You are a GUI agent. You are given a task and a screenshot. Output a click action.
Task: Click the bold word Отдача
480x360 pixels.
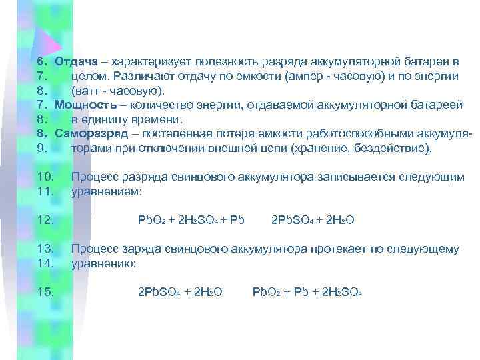[x=76, y=62]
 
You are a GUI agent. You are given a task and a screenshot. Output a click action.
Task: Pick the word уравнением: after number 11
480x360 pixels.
[x=106, y=191]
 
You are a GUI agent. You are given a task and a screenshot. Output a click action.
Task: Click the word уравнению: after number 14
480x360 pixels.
[x=103, y=263]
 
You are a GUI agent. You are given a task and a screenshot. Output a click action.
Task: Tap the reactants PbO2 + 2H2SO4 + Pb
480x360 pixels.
[x=191, y=220]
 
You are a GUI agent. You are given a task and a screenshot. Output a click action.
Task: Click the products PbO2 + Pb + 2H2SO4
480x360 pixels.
[x=306, y=292]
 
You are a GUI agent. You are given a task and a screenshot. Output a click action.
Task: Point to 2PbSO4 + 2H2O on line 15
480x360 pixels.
[x=179, y=292]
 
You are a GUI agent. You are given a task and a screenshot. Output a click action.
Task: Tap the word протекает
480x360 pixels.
[x=337, y=249]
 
